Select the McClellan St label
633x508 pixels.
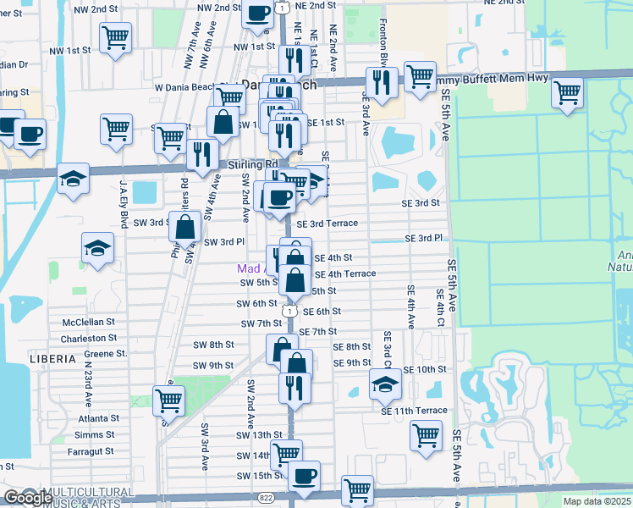pos(88,323)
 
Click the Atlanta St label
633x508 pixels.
pos(99,418)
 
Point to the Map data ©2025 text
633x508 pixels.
pos(596,501)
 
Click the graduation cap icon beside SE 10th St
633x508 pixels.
pos(385,384)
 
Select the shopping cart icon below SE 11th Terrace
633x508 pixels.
pos(426,435)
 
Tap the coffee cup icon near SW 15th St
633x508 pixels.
pos(304,476)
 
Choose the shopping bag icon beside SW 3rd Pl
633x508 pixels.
pos(184,227)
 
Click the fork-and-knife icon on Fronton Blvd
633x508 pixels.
pos(382,81)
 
